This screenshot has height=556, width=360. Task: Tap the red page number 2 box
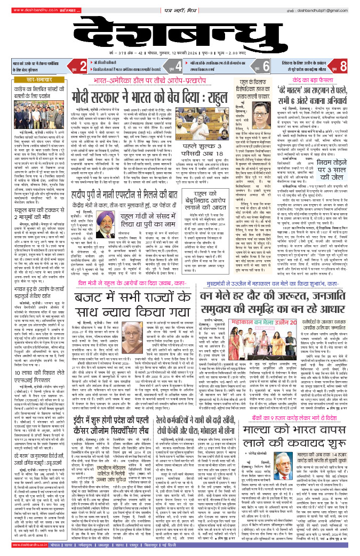(x=82, y=67)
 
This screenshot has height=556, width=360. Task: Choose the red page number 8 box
(x=343, y=67)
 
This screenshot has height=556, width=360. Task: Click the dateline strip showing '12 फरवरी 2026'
(x=180, y=54)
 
